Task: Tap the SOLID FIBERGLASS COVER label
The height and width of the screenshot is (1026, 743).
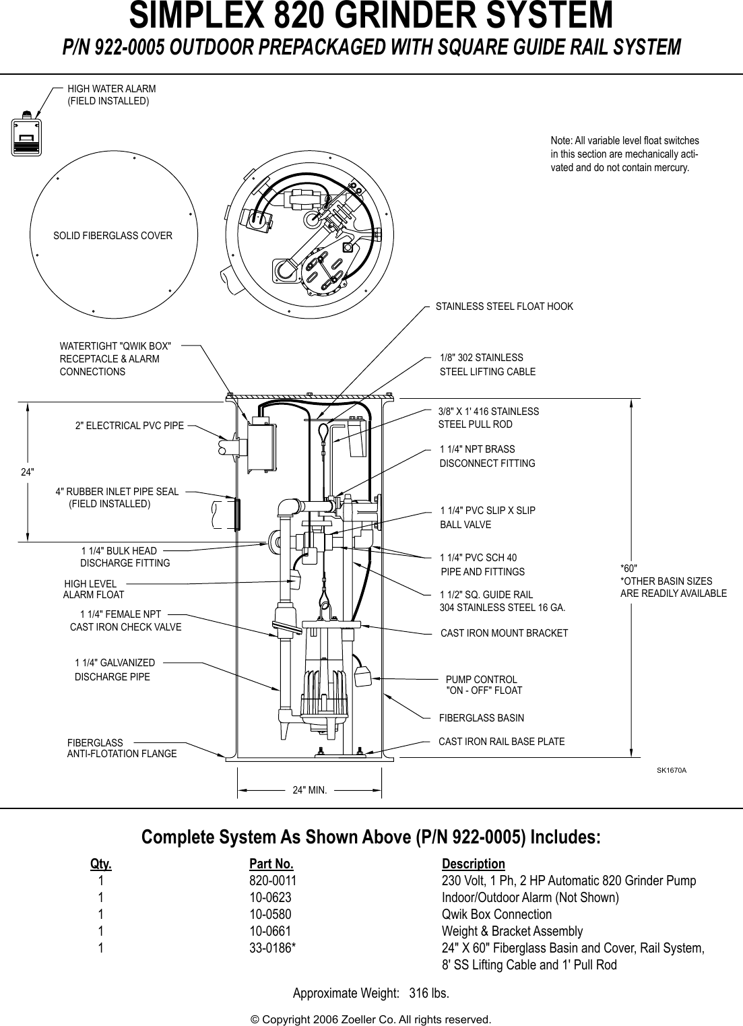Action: (112, 236)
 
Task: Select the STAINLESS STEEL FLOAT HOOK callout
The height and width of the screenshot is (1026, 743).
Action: (504, 307)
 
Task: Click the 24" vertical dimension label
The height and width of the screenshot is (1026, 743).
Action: (27, 472)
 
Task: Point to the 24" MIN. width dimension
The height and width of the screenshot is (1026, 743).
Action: (309, 790)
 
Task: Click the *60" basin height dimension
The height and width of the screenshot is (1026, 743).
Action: (628, 569)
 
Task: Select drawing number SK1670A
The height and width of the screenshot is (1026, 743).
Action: (672, 769)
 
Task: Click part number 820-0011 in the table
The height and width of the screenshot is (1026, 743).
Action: (272, 881)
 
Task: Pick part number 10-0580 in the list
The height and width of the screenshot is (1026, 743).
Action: (270, 914)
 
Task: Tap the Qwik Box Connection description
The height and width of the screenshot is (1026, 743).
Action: (496, 914)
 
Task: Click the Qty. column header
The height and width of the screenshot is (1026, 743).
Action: (101, 864)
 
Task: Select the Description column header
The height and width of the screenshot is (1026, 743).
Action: (473, 864)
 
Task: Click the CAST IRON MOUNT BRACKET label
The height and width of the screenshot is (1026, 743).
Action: (504, 633)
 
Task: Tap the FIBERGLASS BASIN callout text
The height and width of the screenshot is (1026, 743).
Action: (481, 718)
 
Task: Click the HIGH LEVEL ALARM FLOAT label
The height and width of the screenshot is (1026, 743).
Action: (93, 589)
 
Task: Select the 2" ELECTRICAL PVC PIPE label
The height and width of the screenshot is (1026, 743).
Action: (129, 426)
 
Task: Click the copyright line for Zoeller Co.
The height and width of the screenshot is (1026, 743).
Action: (370, 1019)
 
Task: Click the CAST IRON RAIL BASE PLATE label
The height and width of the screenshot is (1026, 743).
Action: (501, 742)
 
